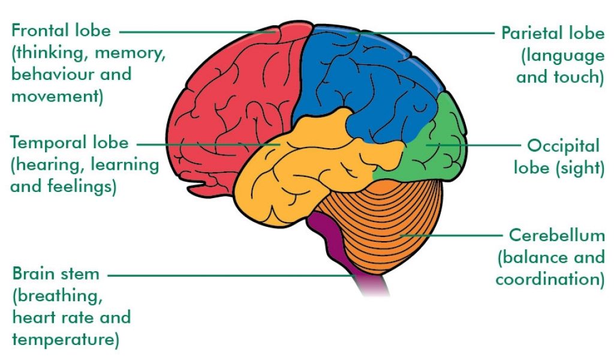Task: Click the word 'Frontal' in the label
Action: click(43, 30)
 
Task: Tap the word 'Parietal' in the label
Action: click(532, 33)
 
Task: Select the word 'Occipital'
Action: click(563, 146)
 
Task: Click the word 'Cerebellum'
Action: click(556, 235)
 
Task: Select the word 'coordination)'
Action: click(550, 280)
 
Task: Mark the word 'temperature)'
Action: click(65, 340)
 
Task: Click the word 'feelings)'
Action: click(82, 186)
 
